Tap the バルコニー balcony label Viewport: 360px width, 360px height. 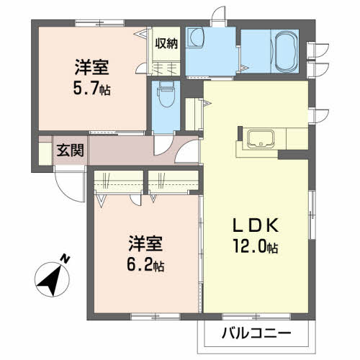[256, 333]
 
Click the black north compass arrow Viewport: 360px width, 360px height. [49, 278]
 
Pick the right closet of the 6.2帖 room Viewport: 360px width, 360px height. [172, 180]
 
